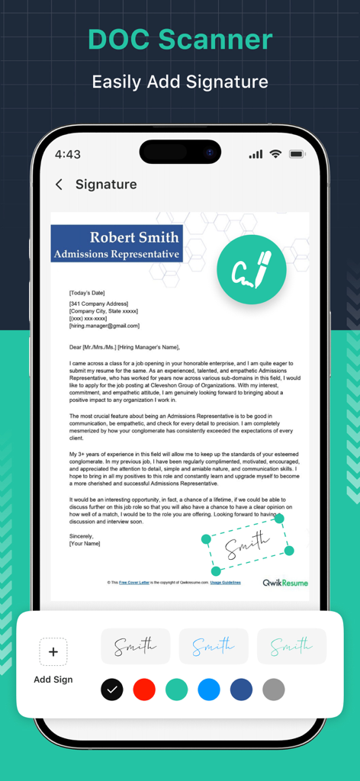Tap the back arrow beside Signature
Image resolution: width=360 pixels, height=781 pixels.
(59, 185)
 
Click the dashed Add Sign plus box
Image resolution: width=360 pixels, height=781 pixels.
(53, 652)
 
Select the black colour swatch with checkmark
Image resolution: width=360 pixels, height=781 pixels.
(112, 689)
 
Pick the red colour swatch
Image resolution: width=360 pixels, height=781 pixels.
(144, 689)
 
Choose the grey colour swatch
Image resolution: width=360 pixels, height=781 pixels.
(274, 689)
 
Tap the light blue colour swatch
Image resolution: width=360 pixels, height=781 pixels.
(209, 689)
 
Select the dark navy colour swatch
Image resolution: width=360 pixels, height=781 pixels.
(241, 689)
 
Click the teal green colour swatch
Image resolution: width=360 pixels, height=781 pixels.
(176, 689)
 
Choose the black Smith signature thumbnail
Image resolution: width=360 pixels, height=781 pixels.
(136, 647)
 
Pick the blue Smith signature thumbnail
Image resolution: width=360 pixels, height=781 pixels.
(214, 647)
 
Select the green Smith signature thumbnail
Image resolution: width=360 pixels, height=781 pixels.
(291, 647)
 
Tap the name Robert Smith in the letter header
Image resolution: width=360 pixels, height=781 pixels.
(133, 237)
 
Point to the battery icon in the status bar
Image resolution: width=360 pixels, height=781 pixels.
(297, 154)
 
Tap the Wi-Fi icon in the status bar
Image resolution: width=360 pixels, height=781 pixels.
(275, 154)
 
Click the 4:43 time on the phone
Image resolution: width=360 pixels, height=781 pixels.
(68, 154)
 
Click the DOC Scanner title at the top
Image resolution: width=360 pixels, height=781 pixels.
(180, 40)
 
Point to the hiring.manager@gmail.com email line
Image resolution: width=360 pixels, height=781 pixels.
(104, 326)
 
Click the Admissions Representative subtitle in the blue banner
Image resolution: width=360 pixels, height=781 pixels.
(117, 254)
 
